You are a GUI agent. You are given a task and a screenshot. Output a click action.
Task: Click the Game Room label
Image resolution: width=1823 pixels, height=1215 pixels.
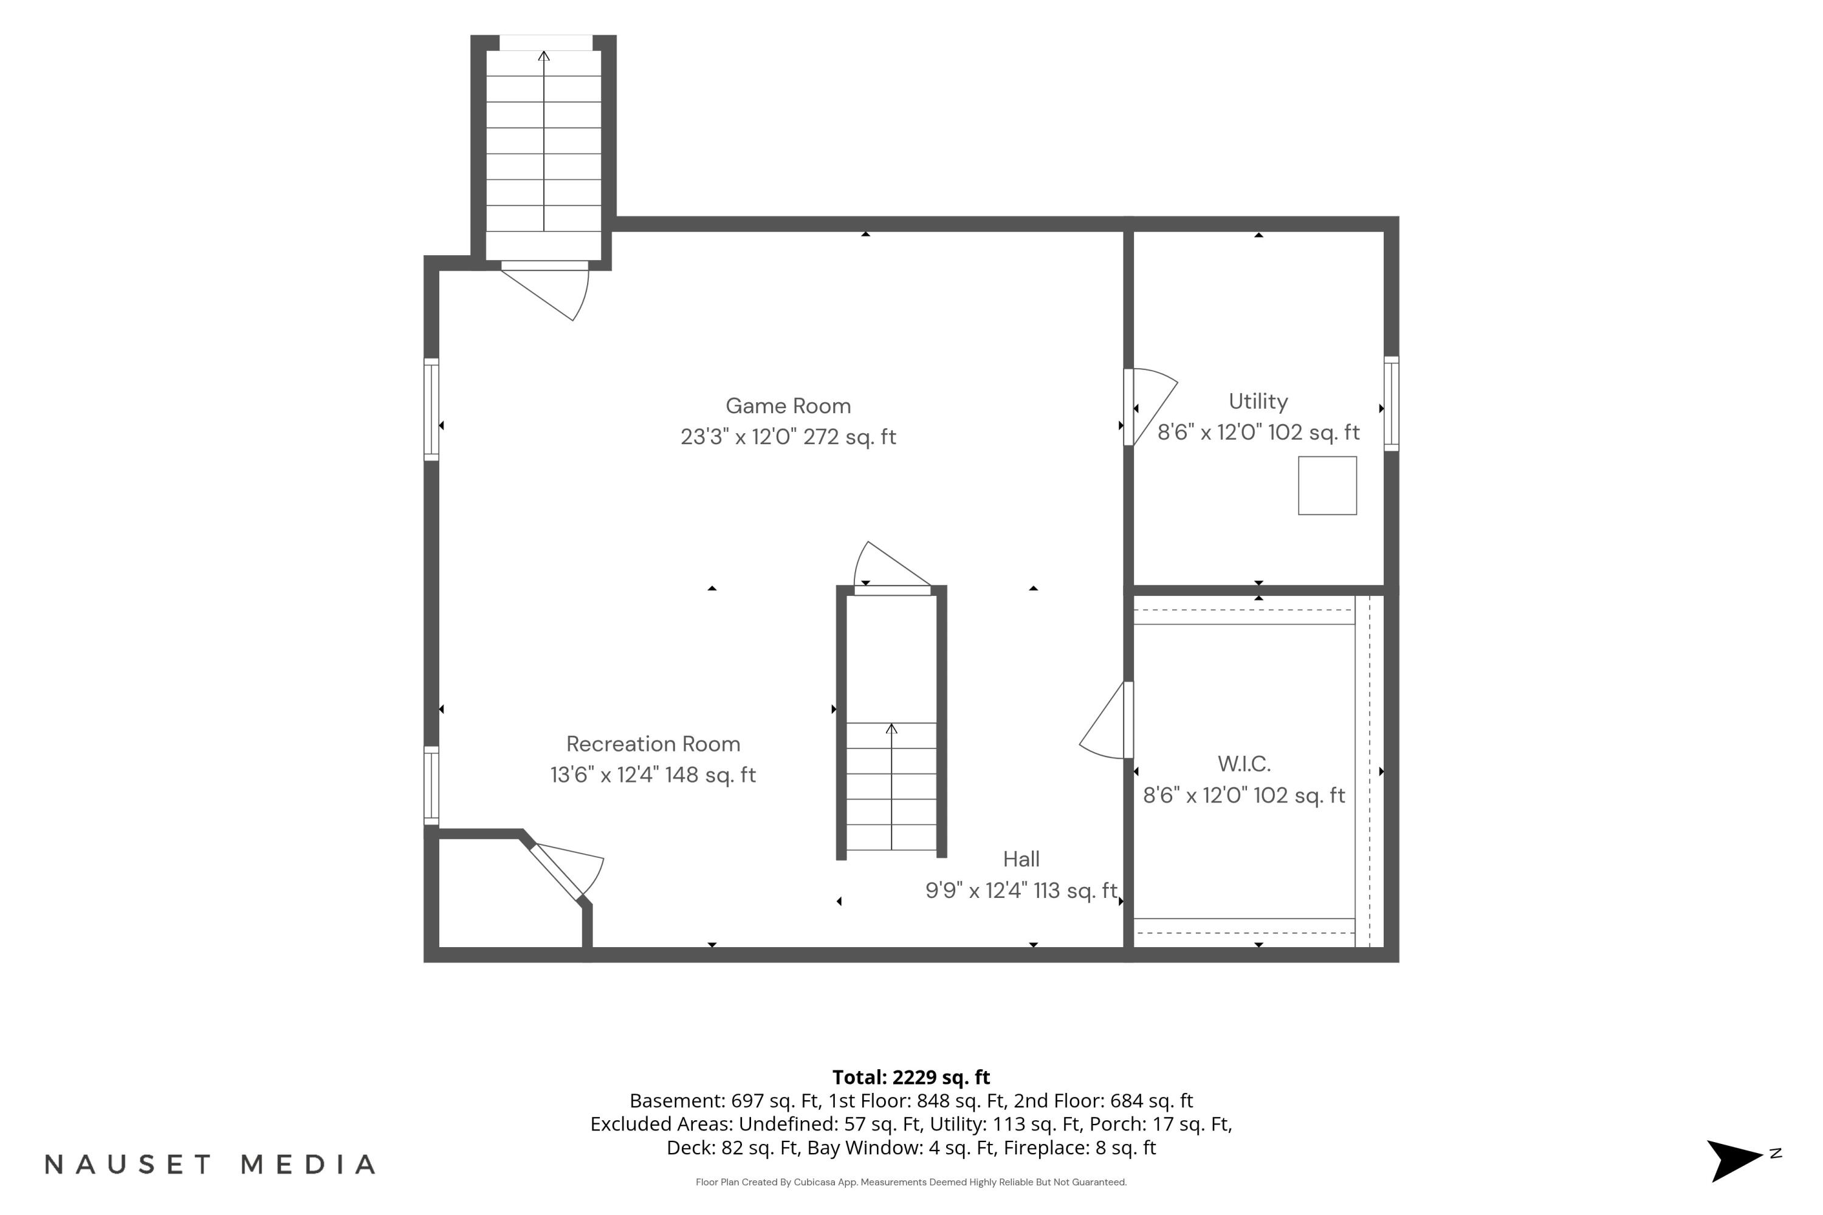pyautogui.click(x=788, y=406)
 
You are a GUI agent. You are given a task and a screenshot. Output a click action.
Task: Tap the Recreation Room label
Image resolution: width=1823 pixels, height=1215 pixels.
pyautogui.click(x=653, y=744)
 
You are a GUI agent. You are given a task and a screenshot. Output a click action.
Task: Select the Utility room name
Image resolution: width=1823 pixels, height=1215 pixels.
pyautogui.click(x=1258, y=402)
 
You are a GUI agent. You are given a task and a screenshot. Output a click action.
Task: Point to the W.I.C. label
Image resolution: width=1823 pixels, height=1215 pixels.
pyautogui.click(x=1244, y=764)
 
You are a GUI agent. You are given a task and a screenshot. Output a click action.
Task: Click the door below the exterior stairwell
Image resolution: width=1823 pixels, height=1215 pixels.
pyautogui.click(x=546, y=290)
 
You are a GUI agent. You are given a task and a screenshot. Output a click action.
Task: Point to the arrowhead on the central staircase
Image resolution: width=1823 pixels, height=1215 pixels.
pyautogui.click(x=891, y=728)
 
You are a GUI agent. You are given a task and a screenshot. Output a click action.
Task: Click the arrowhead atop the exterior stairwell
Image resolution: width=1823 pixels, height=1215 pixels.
pyautogui.click(x=544, y=56)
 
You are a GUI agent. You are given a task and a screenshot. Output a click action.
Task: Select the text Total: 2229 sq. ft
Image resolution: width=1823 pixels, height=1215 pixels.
pyautogui.click(x=911, y=1077)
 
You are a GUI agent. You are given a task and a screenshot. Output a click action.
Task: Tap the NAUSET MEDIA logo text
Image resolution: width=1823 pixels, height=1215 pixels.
pyautogui.click(x=210, y=1164)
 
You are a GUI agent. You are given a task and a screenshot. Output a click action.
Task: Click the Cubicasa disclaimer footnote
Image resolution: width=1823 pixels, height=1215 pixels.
pyautogui.click(x=911, y=1182)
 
